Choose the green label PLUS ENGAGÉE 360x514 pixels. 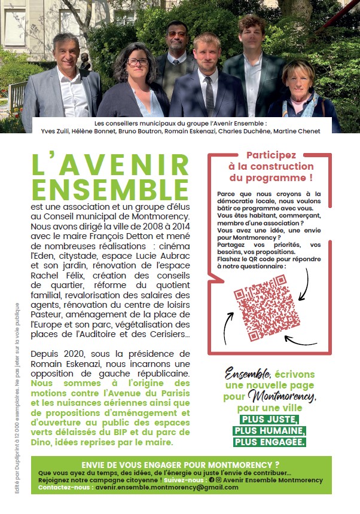tap(269, 442)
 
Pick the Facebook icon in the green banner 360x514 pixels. tap(211, 480)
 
